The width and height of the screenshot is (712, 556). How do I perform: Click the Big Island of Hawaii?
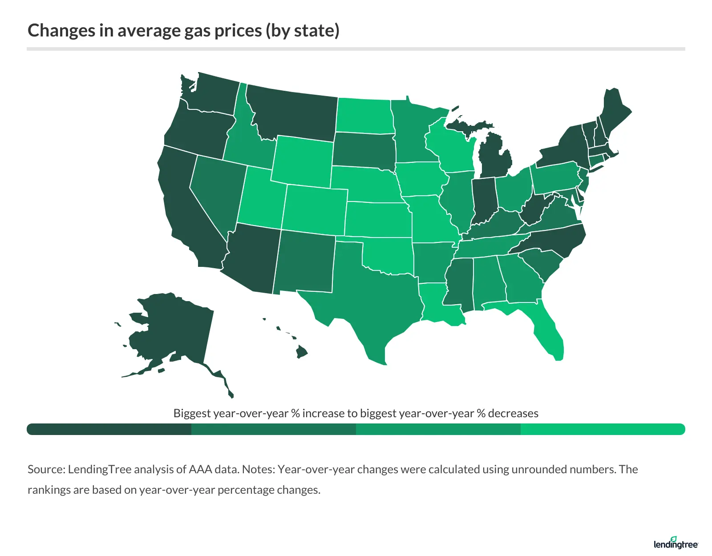pyautogui.click(x=302, y=352)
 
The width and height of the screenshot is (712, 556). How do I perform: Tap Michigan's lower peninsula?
pyautogui.click(x=494, y=160)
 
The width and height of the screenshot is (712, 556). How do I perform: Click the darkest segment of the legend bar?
pyautogui.click(x=109, y=429)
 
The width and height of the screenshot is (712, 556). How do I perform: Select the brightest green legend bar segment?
pyautogui.click(x=603, y=429)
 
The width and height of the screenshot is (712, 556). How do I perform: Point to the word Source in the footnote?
pyautogui.click(x=46, y=469)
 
